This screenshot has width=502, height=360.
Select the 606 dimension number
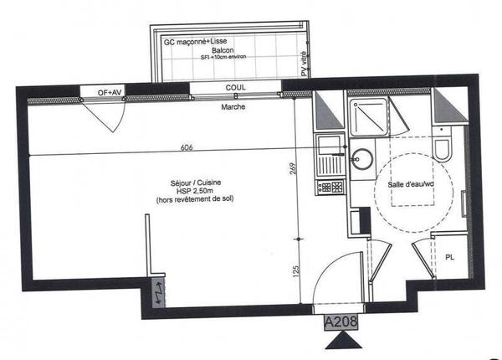[x=187, y=147]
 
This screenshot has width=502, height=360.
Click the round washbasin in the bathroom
[x=363, y=157]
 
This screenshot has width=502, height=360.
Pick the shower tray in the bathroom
[x=368, y=118]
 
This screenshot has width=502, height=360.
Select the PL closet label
[x=448, y=257]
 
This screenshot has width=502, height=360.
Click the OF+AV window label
[x=100, y=91]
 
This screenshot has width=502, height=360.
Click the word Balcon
[x=223, y=51]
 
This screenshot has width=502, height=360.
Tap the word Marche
[x=233, y=108]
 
